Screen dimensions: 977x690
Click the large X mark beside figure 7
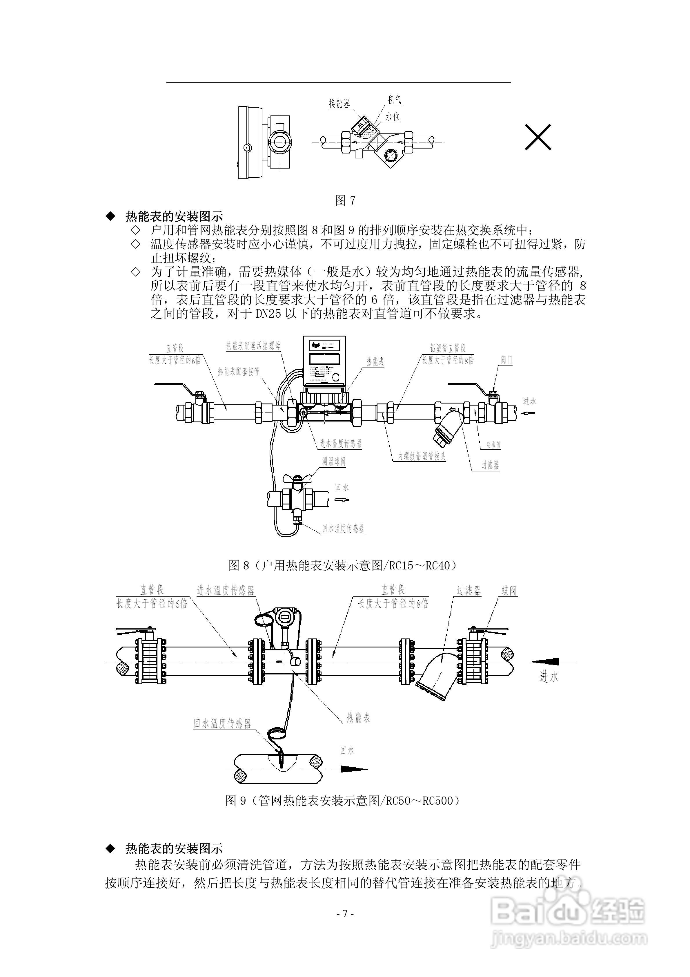point(538,137)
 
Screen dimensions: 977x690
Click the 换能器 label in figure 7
point(339,103)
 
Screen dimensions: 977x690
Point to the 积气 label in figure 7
point(394,99)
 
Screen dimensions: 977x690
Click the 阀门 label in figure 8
point(506,360)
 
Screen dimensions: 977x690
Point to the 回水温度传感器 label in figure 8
point(343,529)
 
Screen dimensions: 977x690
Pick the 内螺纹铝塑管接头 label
point(422,457)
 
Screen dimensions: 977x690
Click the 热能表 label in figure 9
point(358,718)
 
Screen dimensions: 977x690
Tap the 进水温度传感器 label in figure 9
point(226,591)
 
